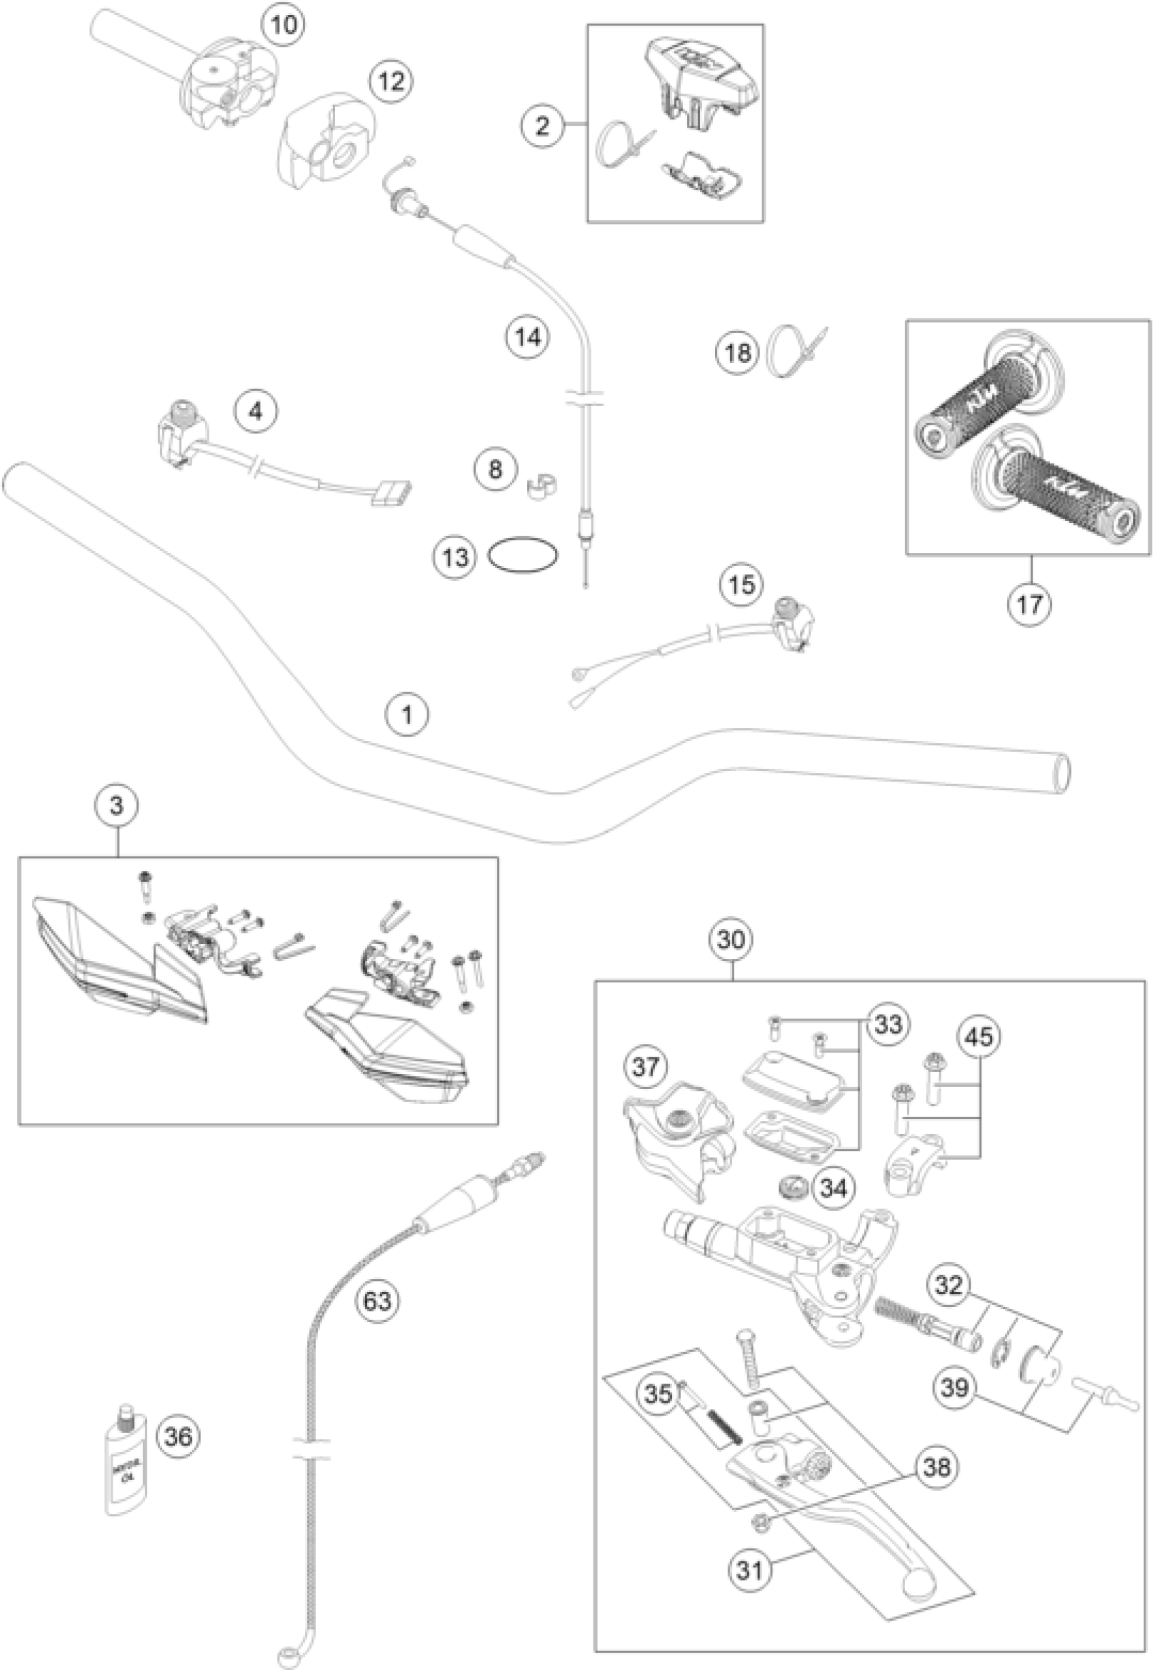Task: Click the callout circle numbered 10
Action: (282, 25)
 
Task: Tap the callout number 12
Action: (391, 81)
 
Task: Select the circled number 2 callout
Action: (542, 126)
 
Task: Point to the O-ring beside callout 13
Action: (524, 557)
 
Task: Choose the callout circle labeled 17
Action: (1030, 603)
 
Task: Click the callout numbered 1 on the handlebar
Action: (407, 715)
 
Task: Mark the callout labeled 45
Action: (980, 1037)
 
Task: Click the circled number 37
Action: (646, 1067)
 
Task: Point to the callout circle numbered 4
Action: (255, 412)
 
